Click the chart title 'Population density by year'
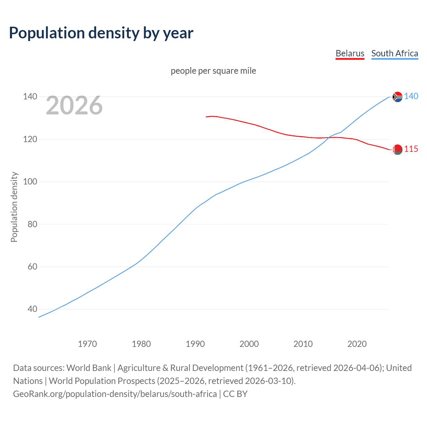[x=101, y=33]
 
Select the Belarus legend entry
[x=350, y=53]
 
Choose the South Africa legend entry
[x=394, y=53]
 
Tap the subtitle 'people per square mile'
[x=213, y=71]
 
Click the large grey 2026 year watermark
[x=74, y=105]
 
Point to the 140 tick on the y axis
[x=30, y=97]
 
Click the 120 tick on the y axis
[x=30, y=139]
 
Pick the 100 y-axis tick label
[x=30, y=182]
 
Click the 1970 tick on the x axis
[x=87, y=344]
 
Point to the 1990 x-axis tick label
[x=195, y=344]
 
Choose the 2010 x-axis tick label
[x=303, y=344]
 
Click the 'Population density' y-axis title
[x=14, y=207]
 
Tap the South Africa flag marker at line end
[x=397, y=97]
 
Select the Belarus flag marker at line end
[x=397, y=149]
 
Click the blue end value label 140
[x=411, y=96]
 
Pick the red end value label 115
[x=411, y=149]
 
